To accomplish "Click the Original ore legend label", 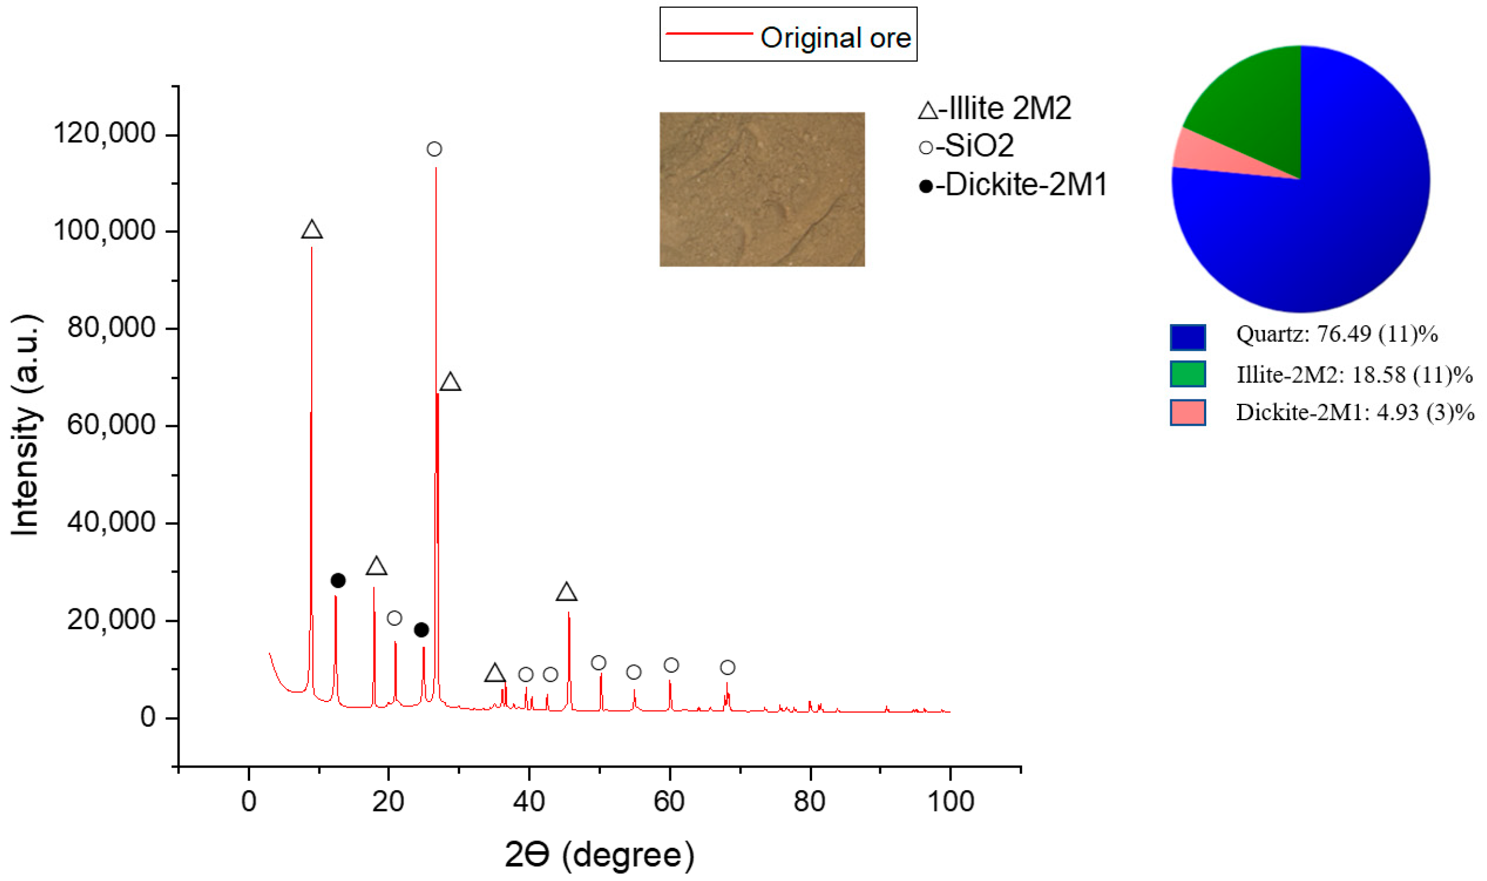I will coord(835,38).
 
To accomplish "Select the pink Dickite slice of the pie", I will coord(1211,155).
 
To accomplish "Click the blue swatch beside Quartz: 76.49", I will coord(1187,337).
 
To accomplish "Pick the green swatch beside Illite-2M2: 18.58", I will coord(1187,374).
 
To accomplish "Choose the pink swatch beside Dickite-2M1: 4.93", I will coord(1187,413).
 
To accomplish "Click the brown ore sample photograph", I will coord(762,189).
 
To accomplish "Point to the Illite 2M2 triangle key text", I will coord(995,108).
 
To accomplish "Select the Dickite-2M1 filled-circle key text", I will coord(1013,185).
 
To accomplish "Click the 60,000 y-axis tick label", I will coord(112,425).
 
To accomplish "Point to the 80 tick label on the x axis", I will coord(809,801).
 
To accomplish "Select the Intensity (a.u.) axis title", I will coord(25,425).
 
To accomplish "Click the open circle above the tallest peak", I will coord(434,149).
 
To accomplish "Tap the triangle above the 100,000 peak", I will coord(312,230).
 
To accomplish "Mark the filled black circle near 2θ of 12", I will coord(338,581).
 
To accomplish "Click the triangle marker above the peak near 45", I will coord(566,592).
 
